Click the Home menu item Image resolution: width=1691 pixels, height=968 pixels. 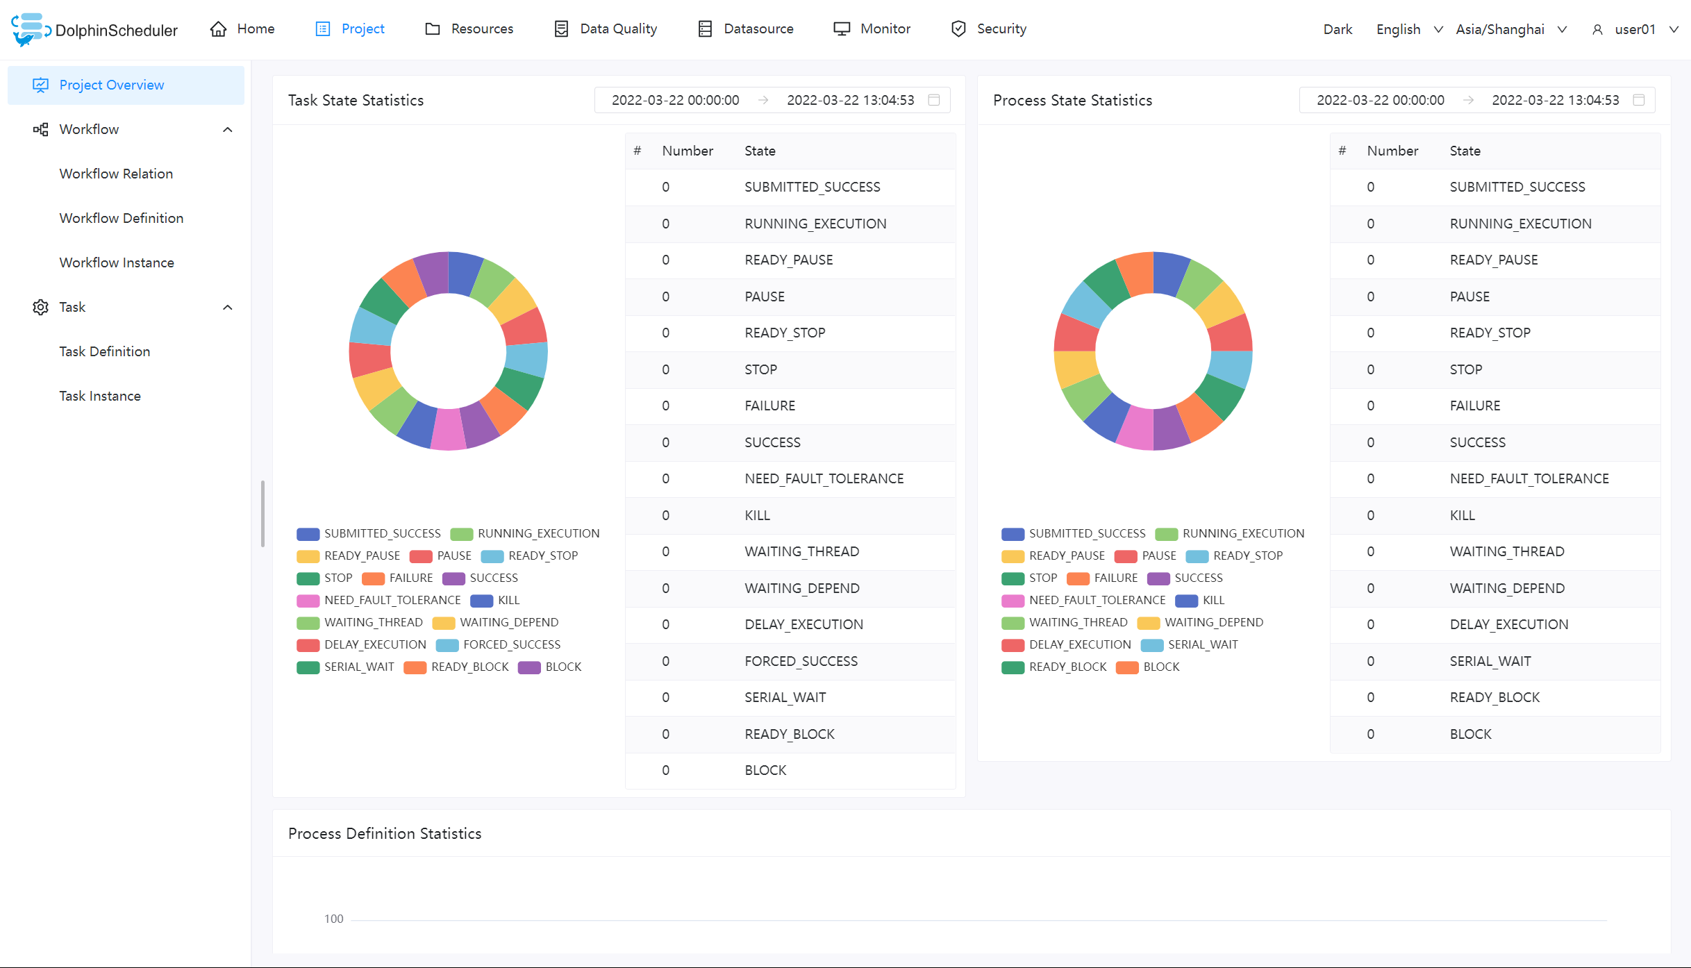(x=242, y=28)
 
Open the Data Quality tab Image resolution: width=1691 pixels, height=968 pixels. (x=606, y=28)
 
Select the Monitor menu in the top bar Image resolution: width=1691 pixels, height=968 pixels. (x=872, y=28)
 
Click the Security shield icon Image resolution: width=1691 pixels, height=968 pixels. (x=958, y=28)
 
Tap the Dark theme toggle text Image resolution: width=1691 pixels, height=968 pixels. (x=1338, y=29)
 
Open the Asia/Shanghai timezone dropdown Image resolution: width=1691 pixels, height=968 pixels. (x=1510, y=29)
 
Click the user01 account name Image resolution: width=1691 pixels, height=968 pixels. (x=1635, y=29)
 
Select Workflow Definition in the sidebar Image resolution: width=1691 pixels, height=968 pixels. (x=122, y=218)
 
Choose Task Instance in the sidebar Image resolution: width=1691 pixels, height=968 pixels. (x=100, y=396)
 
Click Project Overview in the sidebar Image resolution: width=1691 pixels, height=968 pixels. (x=111, y=85)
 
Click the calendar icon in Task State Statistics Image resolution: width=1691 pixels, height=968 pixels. (x=934, y=100)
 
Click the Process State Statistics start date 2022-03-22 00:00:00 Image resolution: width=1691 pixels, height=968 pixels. (x=1380, y=100)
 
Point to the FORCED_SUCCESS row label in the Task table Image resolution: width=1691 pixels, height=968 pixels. (x=801, y=661)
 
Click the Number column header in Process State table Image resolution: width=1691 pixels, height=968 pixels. (x=1392, y=151)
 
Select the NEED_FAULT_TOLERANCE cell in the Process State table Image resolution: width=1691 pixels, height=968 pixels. (x=1528, y=478)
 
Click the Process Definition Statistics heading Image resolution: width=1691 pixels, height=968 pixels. (x=385, y=833)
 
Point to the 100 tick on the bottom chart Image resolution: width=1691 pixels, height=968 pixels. (x=333, y=919)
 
